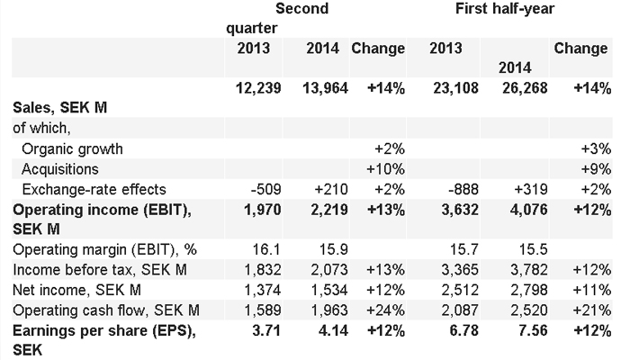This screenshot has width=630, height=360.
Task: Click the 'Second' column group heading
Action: (301, 9)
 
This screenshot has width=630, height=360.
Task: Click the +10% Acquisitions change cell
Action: (386, 168)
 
